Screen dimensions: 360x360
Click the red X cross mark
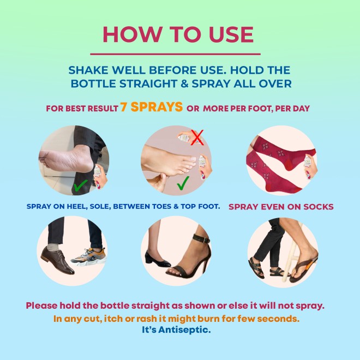197,137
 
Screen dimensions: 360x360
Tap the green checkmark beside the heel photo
80,185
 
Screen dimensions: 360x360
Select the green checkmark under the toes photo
183,183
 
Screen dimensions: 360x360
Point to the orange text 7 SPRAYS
152,107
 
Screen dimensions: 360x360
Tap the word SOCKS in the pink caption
319,207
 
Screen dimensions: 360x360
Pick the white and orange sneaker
89,256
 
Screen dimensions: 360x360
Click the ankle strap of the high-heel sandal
201,238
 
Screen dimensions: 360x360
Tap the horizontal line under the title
175,54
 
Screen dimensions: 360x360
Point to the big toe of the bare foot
190,159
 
